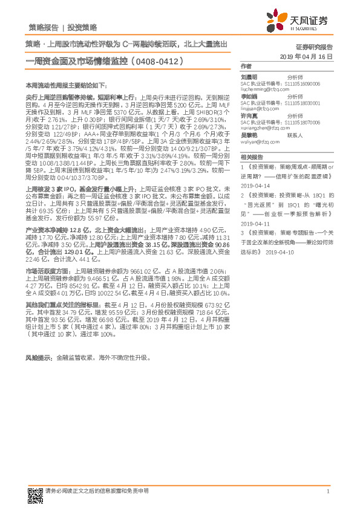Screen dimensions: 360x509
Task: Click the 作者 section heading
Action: click(x=246, y=66)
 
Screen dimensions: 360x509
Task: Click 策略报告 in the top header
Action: click(x=44, y=28)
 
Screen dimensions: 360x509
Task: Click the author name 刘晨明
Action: click(x=249, y=77)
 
